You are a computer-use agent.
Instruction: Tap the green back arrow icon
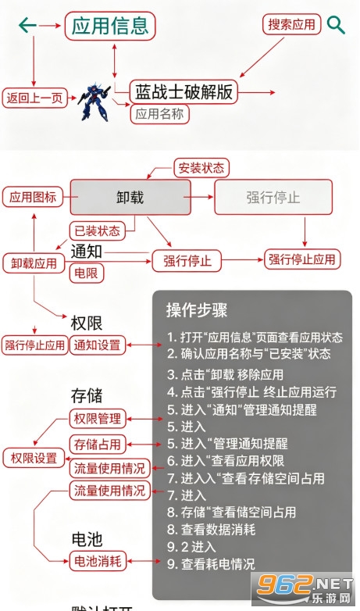tap(27, 26)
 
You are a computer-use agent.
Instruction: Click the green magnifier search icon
tap(336, 25)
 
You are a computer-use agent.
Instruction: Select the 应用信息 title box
tap(110, 26)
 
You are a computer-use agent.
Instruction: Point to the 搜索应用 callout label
tap(292, 24)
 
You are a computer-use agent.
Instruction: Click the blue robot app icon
tap(94, 102)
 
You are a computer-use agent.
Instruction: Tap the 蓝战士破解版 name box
tap(184, 92)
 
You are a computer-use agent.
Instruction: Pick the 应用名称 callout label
tap(160, 114)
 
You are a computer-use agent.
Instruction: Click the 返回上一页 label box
tap(34, 98)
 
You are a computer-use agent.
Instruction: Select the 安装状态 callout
tap(201, 168)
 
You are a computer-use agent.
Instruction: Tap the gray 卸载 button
tap(130, 197)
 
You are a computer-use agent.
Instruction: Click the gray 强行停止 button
tap(273, 197)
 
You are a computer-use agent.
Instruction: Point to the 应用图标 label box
tap(33, 197)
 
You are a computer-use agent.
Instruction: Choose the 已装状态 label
tap(98, 230)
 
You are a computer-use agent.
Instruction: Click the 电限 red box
tap(87, 273)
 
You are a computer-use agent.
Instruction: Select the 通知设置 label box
tap(98, 345)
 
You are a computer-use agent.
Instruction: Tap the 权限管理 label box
tap(98, 420)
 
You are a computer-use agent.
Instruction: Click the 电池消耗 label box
tap(98, 562)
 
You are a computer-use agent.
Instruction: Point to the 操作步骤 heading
tap(197, 310)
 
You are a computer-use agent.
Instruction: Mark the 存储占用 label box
tap(98, 445)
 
